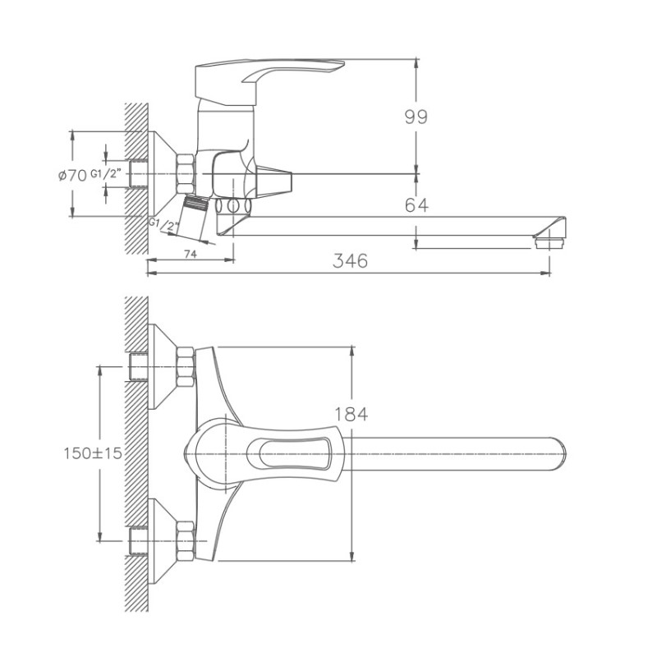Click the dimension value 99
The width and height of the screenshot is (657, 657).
click(416, 117)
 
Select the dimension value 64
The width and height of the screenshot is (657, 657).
click(416, 205)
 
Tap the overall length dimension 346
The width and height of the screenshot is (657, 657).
click(350, 260)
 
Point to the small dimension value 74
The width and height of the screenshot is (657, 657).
click(189, 255)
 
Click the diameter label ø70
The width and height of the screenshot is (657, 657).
click(72, 174)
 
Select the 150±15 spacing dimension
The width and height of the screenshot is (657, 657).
click(97, 453)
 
